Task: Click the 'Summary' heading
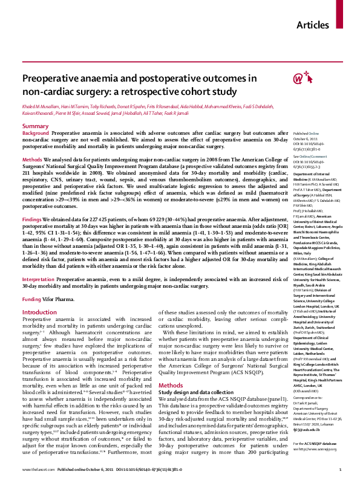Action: [35, 126]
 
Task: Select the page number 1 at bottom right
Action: [341, 469]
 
